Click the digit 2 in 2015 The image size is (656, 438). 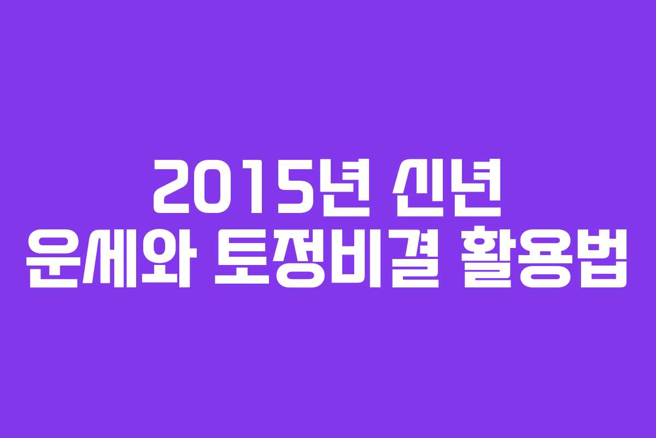point(172,187)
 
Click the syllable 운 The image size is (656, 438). point(52,258)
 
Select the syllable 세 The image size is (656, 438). point(110,258)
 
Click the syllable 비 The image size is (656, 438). point(356,258)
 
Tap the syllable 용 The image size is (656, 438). point(546,258)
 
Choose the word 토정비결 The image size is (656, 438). point(327,258)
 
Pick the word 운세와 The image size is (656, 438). point(112,258)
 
